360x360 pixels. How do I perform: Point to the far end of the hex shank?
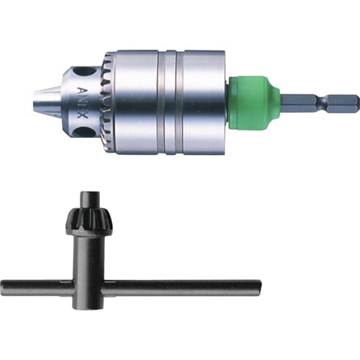click(354, 102)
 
